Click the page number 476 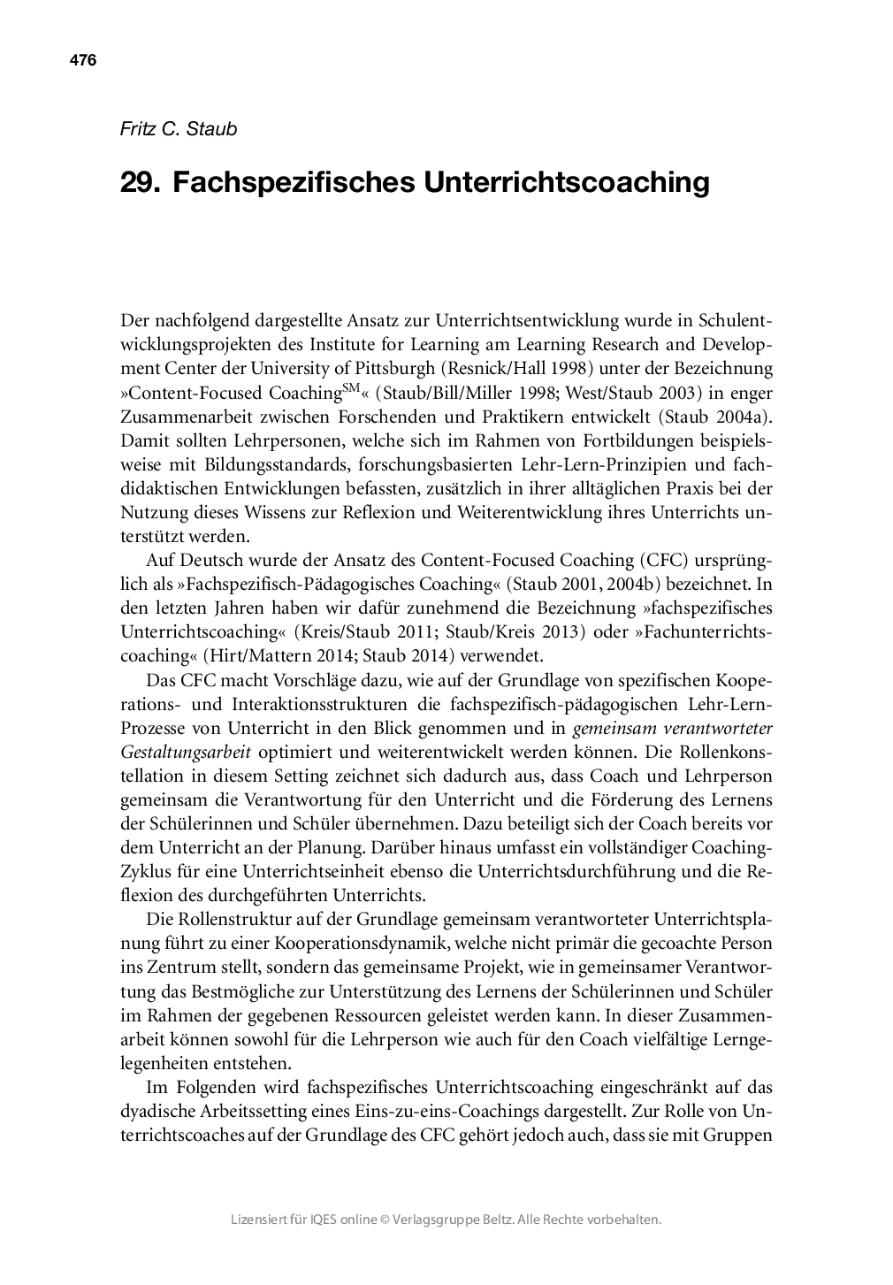pos(82,61)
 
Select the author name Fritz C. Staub pos(178,129)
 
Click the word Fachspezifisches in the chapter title pos(293,182)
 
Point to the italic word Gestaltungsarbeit pos(186,752)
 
